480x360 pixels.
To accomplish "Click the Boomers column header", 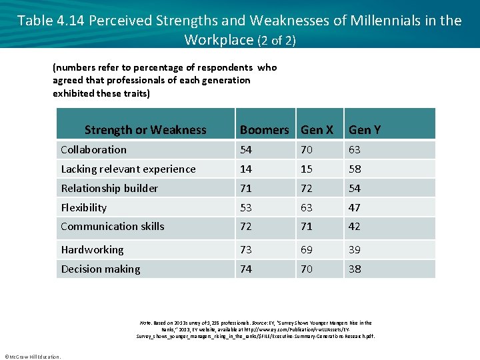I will (264, 130).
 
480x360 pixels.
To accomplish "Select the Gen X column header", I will (317, 130).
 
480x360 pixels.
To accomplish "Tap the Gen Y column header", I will (365, 130).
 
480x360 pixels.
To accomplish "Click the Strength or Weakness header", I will (145, 130).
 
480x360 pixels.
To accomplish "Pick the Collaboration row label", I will (93, 150).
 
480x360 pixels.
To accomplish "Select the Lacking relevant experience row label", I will (128, 169).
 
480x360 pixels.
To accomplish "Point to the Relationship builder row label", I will (109, 189).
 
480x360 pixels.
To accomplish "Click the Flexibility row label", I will (83, 208).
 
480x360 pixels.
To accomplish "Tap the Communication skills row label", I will (112, 227).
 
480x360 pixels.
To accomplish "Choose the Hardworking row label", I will (92, 250).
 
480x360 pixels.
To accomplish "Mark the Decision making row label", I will (101, 269).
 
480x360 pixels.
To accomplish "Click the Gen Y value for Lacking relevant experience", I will (354, 169).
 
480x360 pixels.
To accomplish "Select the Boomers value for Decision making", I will (246, 269).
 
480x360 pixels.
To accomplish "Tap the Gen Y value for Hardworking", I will (354, 250).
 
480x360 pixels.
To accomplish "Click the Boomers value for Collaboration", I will (246, 150).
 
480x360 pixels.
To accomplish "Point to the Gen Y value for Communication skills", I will (354, 227).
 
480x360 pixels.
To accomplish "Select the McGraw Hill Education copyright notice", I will (33, 356).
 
